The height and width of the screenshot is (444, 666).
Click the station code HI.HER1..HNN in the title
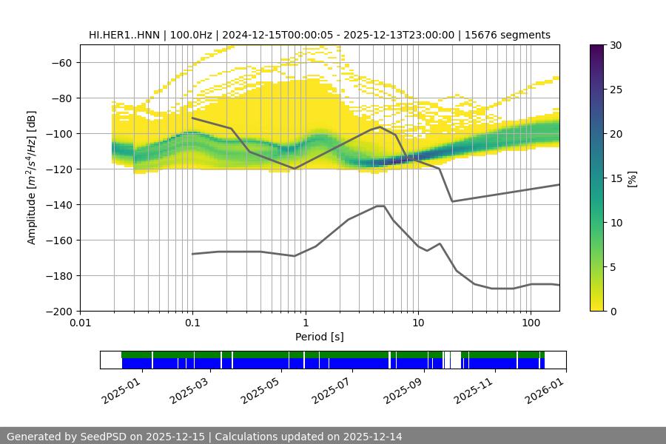(x=124, y=35)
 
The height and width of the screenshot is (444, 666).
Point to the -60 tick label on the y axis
(x=61, y=62)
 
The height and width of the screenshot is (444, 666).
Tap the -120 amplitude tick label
(x=58, y=169)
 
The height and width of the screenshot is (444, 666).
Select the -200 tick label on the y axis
(x=58, y=311)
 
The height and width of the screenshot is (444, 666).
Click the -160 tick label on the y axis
(x=58, y=240)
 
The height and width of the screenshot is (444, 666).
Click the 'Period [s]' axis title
(x=320, y=337)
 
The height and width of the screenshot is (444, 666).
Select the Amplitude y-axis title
(x=32, y=178)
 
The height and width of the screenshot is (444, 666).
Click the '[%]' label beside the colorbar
(x=631, y=178)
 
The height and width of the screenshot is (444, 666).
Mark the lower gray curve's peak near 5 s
(x=380, y=206)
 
